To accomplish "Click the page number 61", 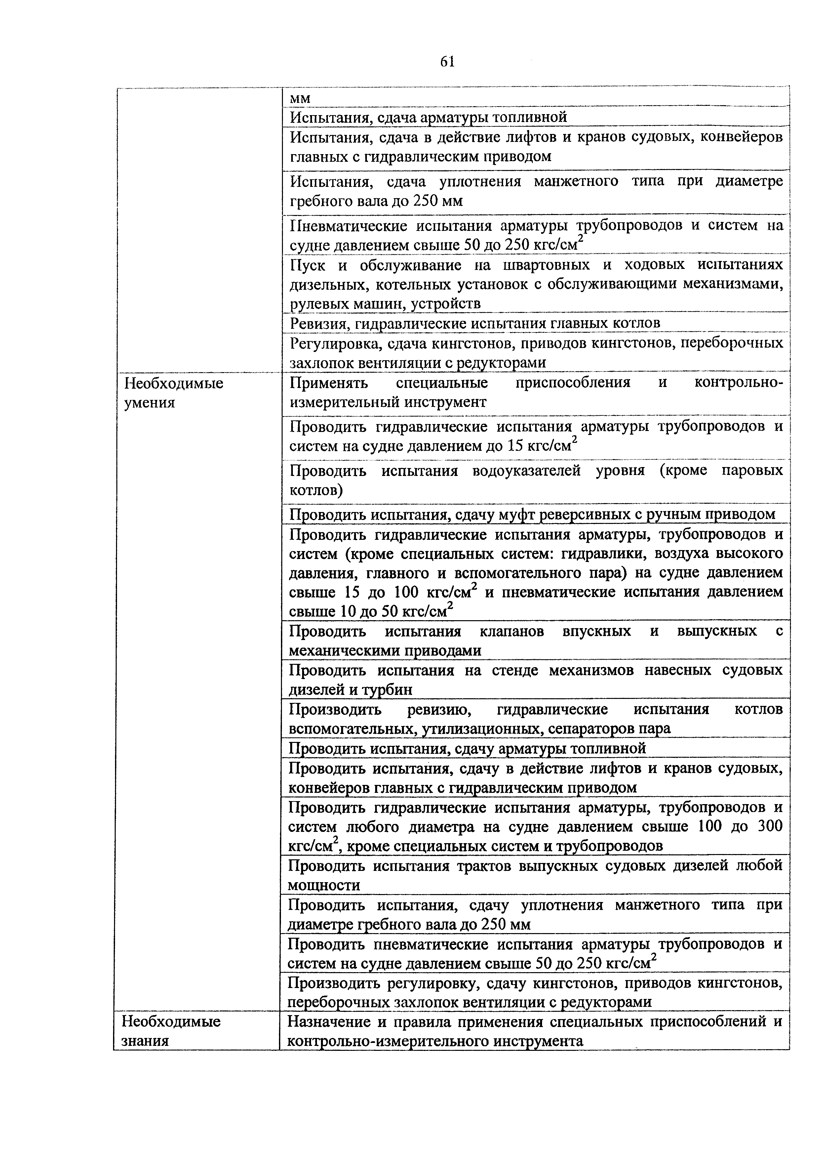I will pyautogui.click(x=447, y=62).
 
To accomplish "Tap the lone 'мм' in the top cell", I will pyautogui.click(x=300, y=98).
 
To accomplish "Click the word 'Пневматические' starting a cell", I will pyautogui.click(x=348, y=226).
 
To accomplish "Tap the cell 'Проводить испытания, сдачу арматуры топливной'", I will pyautogui.click(x=467, y=748).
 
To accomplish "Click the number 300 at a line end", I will pyautogui.click(x=769, y=827).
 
